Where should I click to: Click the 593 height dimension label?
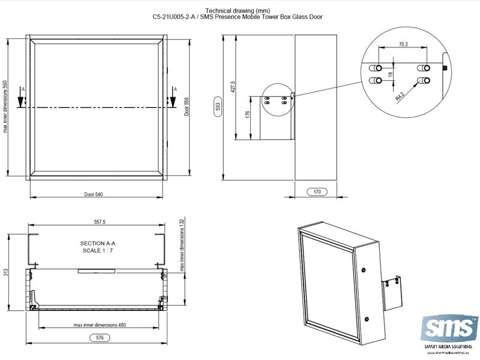click(x=218, y=107)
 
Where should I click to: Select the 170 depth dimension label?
click(x=317, y=193)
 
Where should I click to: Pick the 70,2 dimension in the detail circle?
click(x=403, y=44)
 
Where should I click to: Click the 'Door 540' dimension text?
click(x=94, y=194)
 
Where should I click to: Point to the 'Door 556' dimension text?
click(x=187, y=106)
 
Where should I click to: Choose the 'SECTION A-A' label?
click(x=97, y=243)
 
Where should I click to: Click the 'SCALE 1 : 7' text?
click(x=97, y=250)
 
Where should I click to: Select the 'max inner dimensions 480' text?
click(x=100, y=325)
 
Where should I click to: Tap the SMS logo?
click(x=445, y=329)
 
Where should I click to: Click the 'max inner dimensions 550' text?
click(x=6, y=106)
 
